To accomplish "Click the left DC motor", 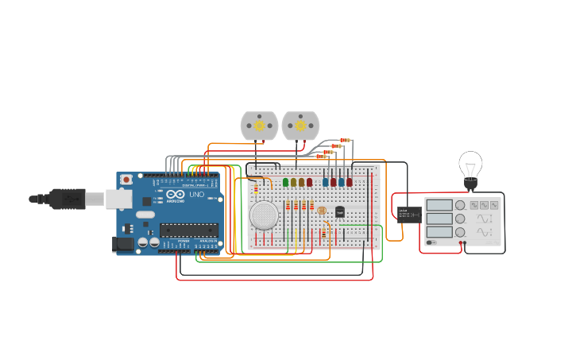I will click(x=259, y=126).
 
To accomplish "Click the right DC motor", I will click(x=300, y=126).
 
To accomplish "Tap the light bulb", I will click(x=470, y=167).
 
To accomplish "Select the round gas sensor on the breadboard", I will click(x=264, y=215).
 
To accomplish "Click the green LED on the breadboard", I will click(x=285, y=182).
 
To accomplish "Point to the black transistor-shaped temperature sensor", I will click(x=340, y=212).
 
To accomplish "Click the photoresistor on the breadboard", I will click(x=322, y=209).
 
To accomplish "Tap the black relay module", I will click(x=409, y=214).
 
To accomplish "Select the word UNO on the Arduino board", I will click(x=195, y=195).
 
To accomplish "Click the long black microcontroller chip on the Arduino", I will click(x=188, y=230).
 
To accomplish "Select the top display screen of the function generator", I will click(x=439, y=205).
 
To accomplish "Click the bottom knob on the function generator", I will click(x=460, y=232).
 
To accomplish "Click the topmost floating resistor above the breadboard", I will click(x=345, y=140).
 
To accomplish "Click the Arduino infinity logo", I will click(x=176, y=195).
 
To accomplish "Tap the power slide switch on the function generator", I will click(x=431, y=242).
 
